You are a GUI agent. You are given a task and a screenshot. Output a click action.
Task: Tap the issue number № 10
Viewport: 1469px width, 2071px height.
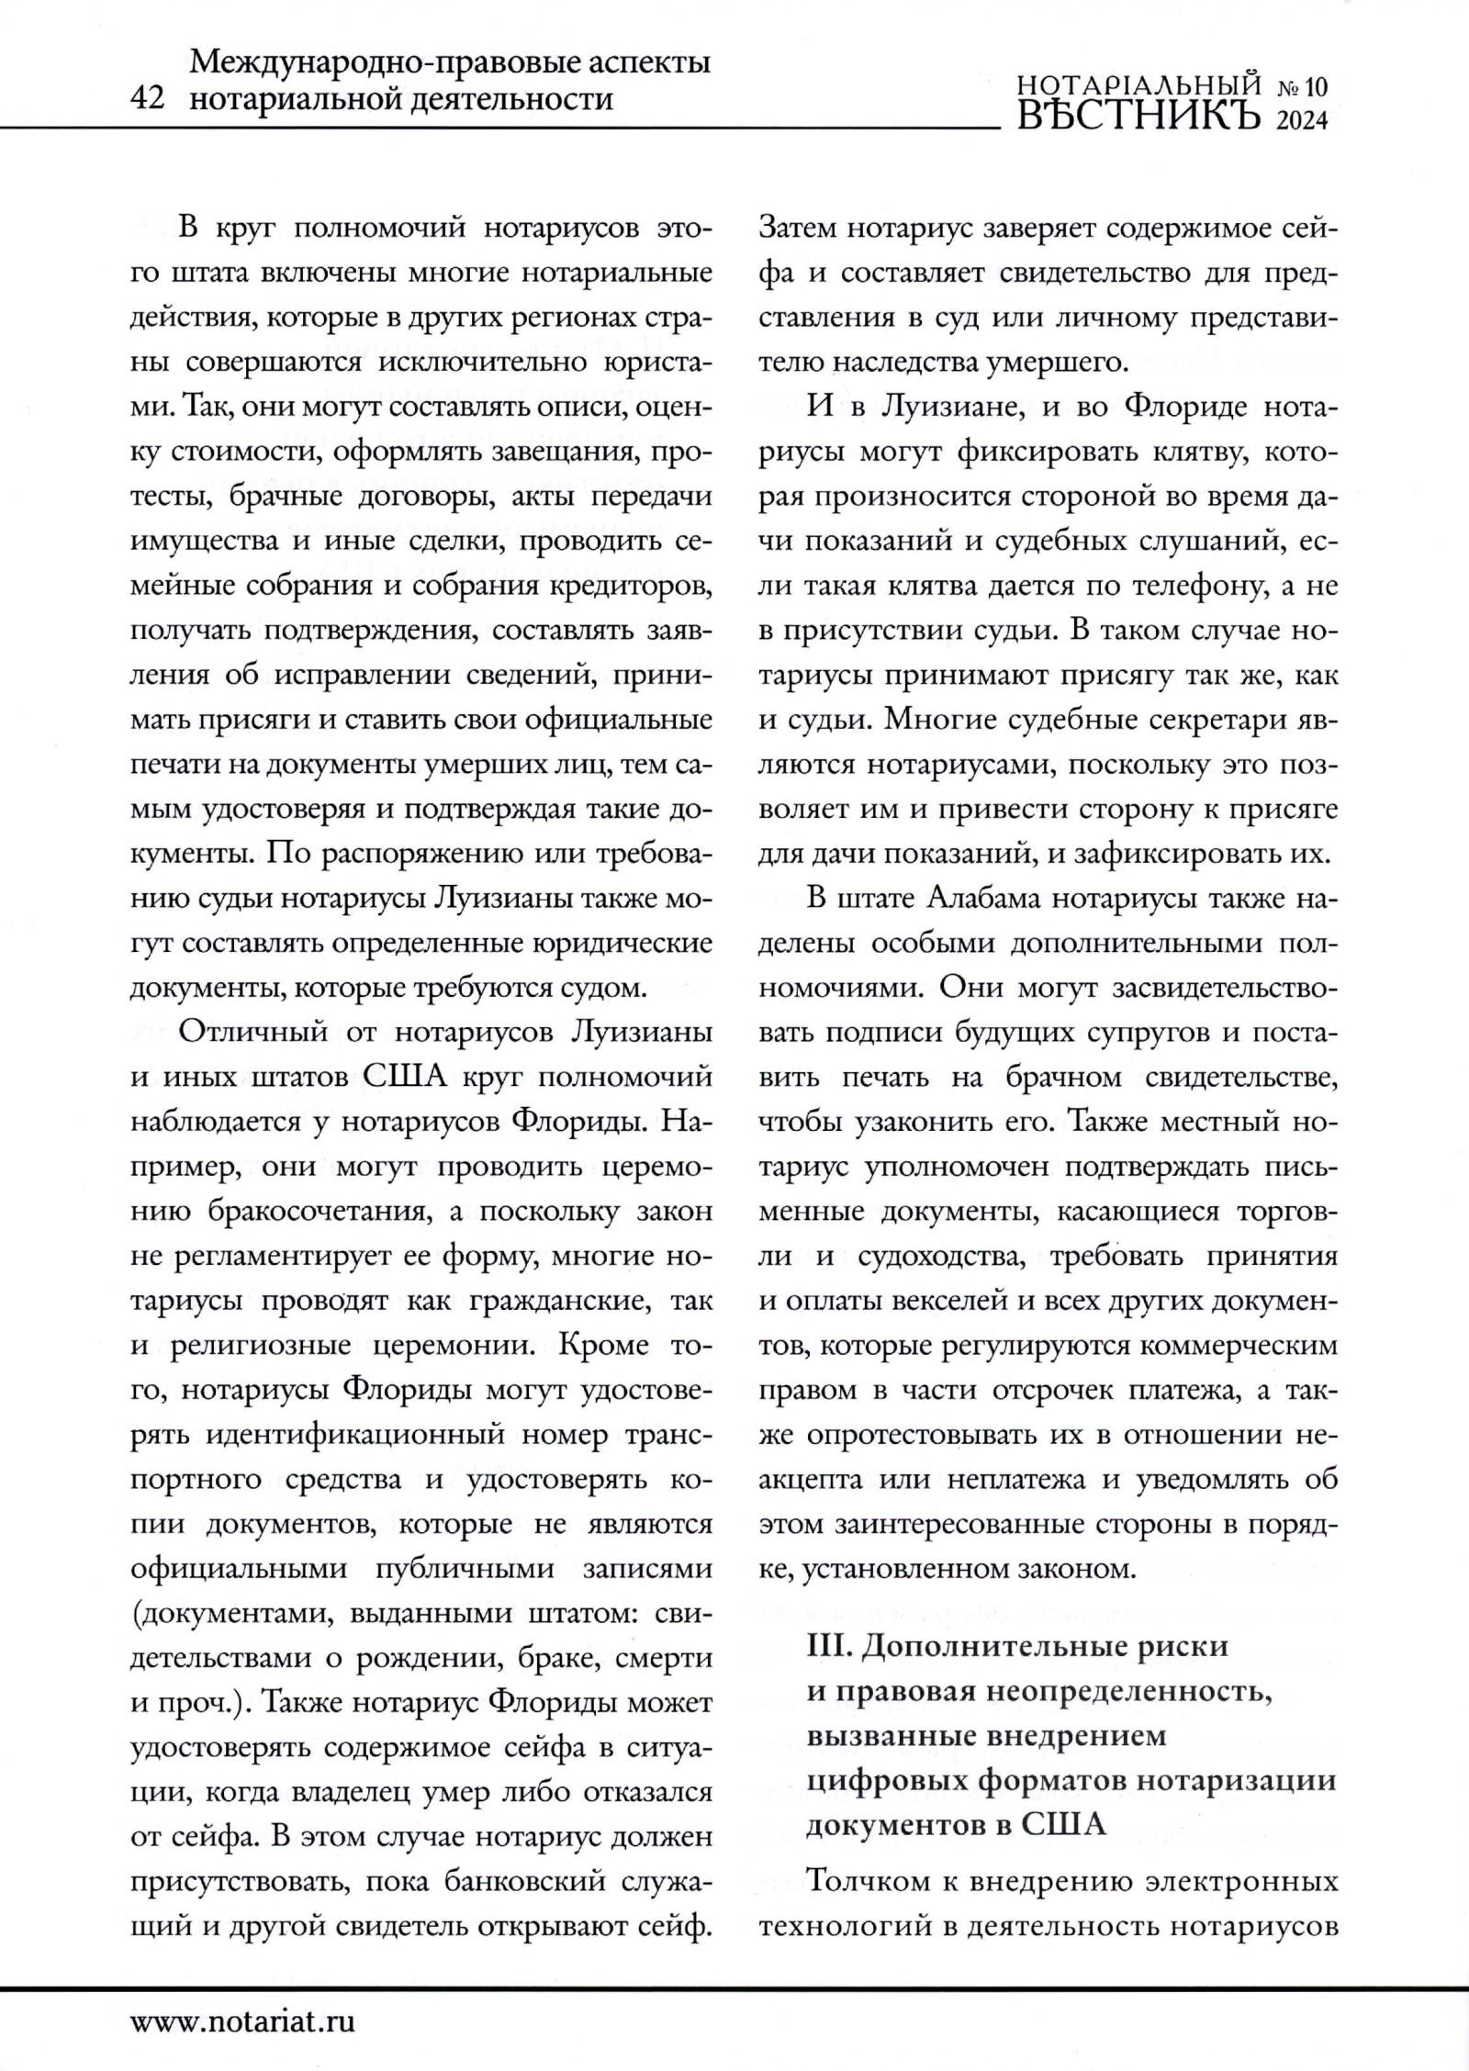tap(1303, 87)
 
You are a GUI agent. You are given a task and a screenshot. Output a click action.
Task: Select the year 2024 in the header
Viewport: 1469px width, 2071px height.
tap(1303, 120)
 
